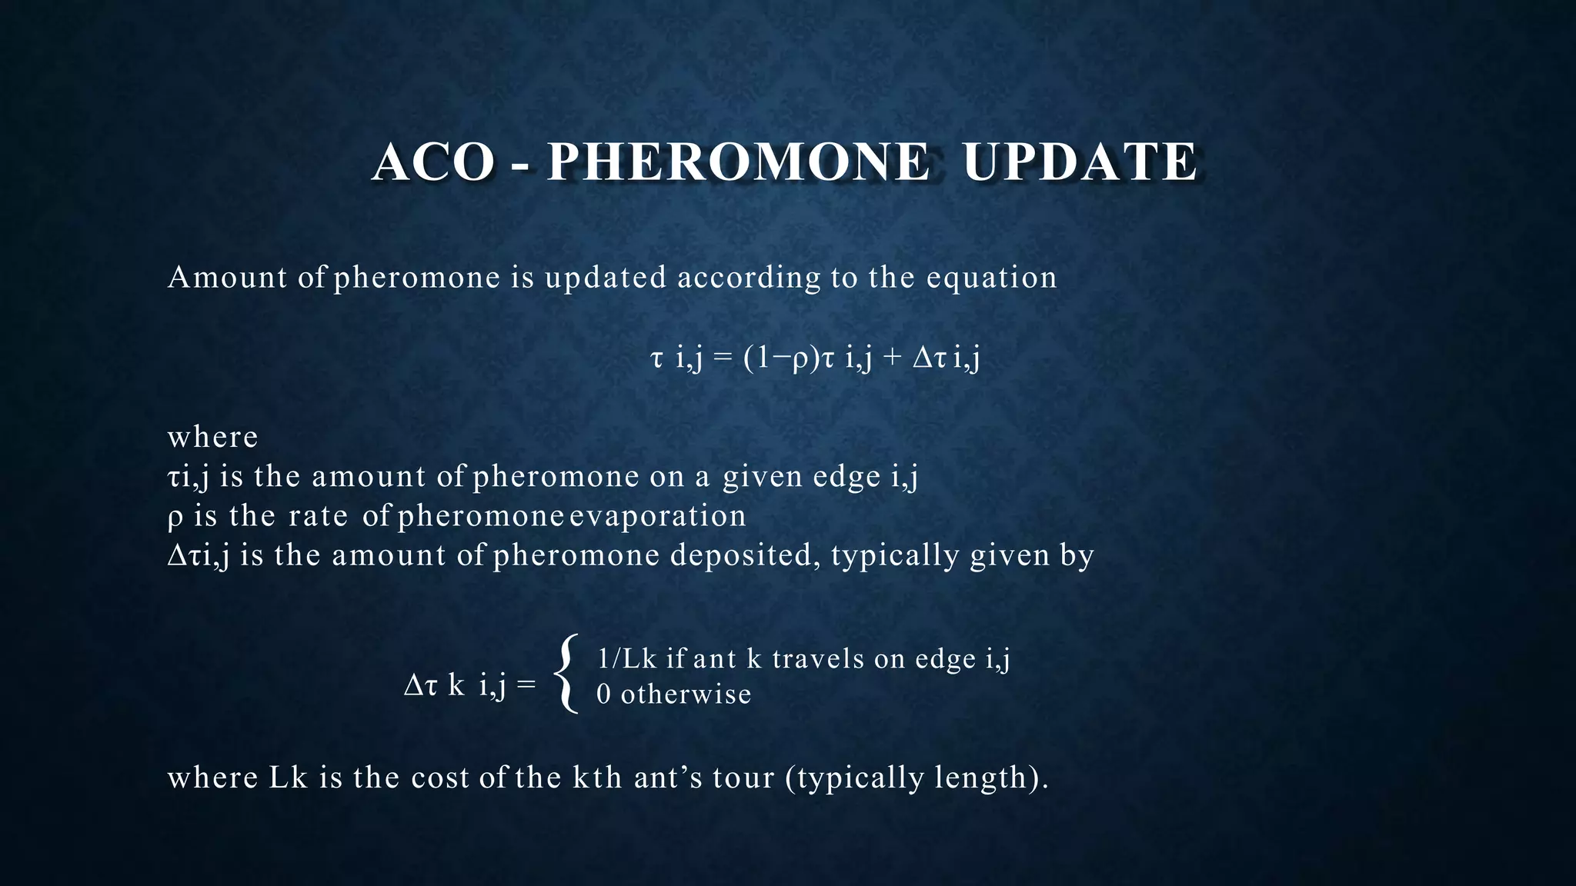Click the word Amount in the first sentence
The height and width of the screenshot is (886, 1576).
pyautogui.click(x=228, y=277)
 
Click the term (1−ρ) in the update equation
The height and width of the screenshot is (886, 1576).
pyautogui.click(x=781, y=358)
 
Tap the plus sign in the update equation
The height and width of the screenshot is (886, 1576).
pyautogui.click(x=892, y=358)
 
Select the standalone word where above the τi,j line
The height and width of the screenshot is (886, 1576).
pyautogui.click(x=212, y=437)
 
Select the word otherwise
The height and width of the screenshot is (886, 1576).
pyautogui.click(x=686, y=694)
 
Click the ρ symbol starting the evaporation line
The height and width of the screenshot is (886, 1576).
pyautogui.click(x=175, y=517)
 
